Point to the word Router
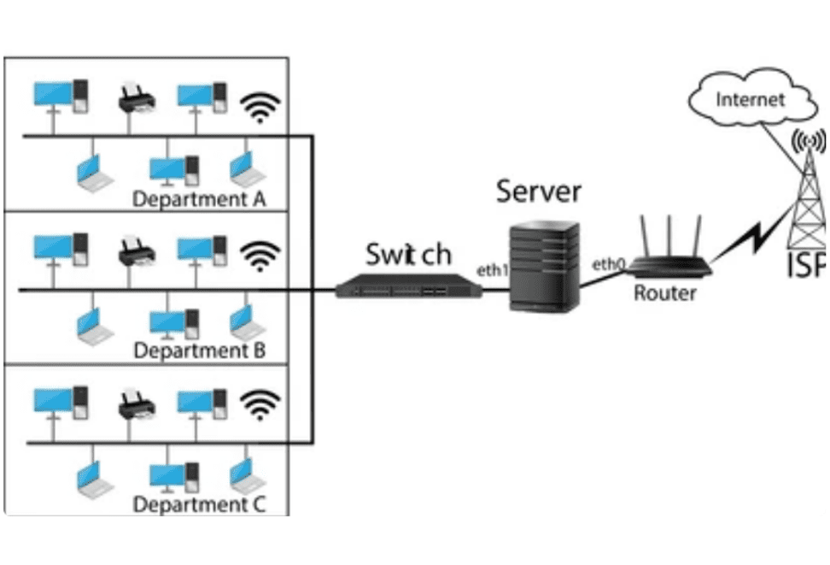tap(665, 293)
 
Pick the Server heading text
tap(539, 190)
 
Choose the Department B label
tap(200, 350)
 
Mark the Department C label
tap(200, 504)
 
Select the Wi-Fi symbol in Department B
tap(260, 252)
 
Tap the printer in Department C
tap(135, 403)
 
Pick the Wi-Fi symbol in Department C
tap(260, 406)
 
